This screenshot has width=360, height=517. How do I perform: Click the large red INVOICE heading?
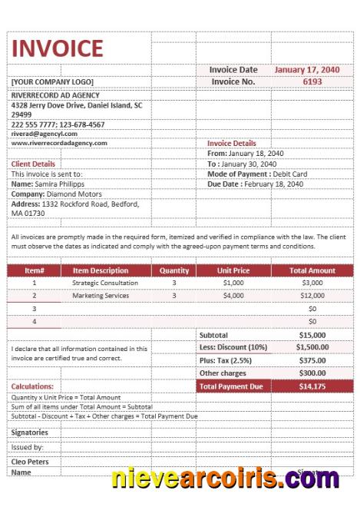(x=58, y=48)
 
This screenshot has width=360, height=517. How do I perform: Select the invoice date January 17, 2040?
(x=307, y=69)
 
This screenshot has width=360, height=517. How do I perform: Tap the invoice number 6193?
(x=312, y=81)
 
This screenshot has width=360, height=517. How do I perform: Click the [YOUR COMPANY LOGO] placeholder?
(x=51, y=81)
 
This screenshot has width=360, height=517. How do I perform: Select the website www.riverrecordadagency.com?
(x=59, y=143)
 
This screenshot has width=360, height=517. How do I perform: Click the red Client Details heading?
(x=33, y=164)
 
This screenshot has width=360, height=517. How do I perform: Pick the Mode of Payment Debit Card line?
(x=257, y=174)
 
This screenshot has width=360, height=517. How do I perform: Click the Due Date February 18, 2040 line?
(x=255, y=184)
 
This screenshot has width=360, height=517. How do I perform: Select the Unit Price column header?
(x=233, y=270)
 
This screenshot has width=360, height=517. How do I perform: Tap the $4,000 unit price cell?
(x=233, y=295)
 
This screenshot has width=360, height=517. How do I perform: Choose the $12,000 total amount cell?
(x=312, y=295)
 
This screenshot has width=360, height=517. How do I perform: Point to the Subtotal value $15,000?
(x=312, y=335)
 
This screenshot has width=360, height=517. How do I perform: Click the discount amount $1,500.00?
(x=312, y=347)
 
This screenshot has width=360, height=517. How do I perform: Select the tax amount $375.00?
(x=312, y=360)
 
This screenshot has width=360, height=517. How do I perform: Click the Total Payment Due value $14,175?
(x=312, y=386)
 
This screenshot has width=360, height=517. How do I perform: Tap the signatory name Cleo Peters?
(x=31, y=462)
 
